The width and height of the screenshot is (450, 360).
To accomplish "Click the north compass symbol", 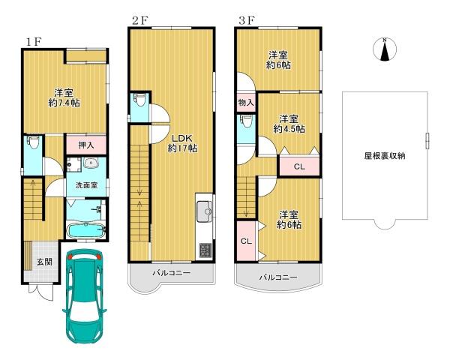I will pyautogui.click(x=384, y=49).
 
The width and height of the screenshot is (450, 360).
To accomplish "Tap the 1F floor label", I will pyautogui.click(x=31, y=40).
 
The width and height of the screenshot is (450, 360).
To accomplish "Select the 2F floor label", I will pyautogui.click(x=139, y=20).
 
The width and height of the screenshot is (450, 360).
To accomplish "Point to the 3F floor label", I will pyautogui.click(x=246, y=20).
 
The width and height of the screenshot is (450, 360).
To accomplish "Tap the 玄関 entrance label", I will pyautogui.click(x=44, y=262).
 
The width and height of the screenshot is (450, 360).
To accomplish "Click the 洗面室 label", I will pyautogui.click(x=85, y=184).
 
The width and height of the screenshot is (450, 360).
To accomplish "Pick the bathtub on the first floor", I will pyautogui.click(x=85, y=229).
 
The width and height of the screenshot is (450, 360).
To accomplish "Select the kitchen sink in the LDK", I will pyautogui.click(x=204, y=213).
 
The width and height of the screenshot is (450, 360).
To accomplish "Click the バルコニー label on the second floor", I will pyautogui.click(x=172, y=274).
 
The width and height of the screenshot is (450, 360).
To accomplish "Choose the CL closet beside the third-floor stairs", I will pyautogui.click(x=246, y=241).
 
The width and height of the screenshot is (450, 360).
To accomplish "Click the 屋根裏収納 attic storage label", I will pyautogui.click(x=385, y=156).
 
